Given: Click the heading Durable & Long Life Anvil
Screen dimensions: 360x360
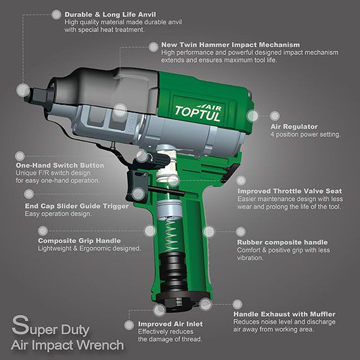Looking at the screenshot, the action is [x=110, y=14].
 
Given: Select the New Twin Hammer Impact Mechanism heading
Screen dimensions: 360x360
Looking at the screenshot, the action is [x=230, y=45].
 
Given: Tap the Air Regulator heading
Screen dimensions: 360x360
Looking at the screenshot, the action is [x=294, y=126].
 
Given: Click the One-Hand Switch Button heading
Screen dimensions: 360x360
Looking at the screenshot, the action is [x=60, y=166].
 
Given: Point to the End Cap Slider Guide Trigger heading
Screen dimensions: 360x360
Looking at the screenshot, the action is [x=77, y=206].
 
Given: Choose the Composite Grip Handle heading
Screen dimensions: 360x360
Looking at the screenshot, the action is [x=79, y=241].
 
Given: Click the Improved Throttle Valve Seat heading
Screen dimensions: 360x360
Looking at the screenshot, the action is [x=290, y=191].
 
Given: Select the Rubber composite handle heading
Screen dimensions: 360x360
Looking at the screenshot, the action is [x=282, y=242].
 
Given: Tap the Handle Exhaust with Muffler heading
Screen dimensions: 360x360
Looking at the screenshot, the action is [x=285, y=314].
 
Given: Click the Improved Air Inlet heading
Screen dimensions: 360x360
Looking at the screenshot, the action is [x=170, y=324].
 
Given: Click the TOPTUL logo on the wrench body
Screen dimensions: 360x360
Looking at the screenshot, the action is [x=198, y=113].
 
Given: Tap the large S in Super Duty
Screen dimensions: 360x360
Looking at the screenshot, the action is [x=20, y=325].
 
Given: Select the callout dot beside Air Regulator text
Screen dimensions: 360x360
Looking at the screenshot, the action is [x=275, y=116].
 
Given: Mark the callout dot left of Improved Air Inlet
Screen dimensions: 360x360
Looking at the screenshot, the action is [x=129, y=325].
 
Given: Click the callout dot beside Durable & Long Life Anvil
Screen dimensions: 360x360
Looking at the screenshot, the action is [x=56, y=14].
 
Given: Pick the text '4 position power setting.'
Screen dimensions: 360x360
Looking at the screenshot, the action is [x=306, y=135].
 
